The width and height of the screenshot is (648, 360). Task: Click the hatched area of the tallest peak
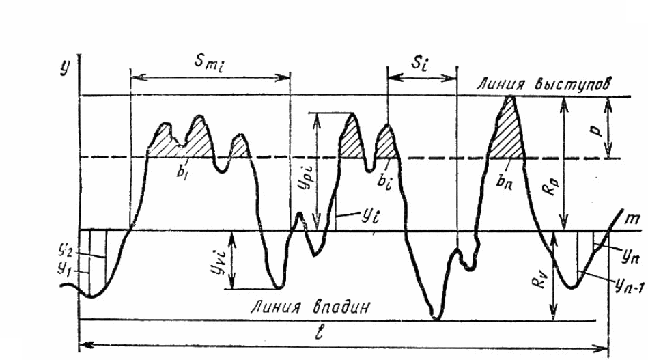tap(506, 136)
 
